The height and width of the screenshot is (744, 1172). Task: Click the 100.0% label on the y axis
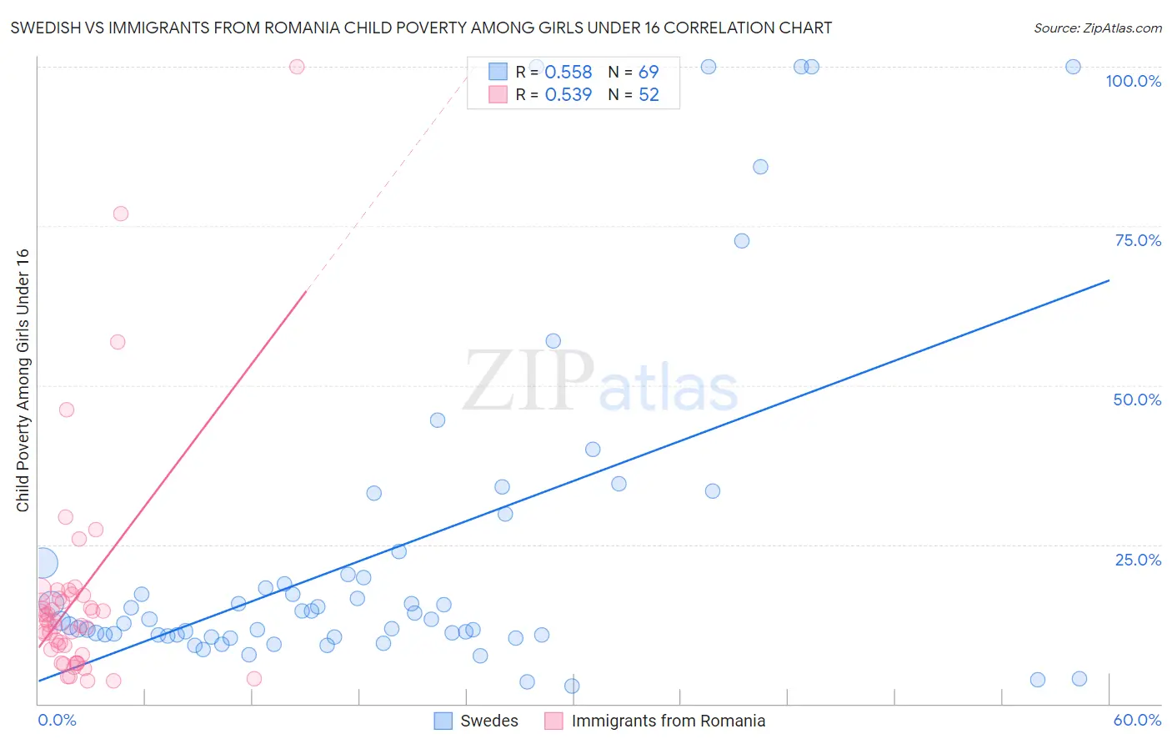[1133, 81]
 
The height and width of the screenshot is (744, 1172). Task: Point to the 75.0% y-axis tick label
[1138, 240]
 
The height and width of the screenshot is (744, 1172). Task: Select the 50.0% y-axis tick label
[1137, 400]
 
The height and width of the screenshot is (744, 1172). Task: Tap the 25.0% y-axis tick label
[1138, 560]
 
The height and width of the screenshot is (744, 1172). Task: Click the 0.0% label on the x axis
[57, 720]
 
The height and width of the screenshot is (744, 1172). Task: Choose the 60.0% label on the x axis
[1137, 720]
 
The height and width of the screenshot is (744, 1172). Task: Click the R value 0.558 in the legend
[568, 73]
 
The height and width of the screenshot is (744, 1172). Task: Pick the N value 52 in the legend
[649, 95]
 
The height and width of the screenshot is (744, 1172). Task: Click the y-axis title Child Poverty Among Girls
[23, 380]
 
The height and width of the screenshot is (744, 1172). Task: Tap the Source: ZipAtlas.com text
[1097, 28]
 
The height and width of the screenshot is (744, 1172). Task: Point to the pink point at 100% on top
[297, 67]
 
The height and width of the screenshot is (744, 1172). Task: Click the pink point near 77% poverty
[121, 214]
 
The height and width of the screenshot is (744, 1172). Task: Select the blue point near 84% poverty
[760, 167]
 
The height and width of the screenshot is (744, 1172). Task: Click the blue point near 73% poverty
[742, 241]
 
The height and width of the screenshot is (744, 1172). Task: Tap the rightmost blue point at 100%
[1074, 67]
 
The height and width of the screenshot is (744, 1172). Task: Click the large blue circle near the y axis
[43, 564]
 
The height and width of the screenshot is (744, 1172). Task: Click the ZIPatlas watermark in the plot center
[600, 382]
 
